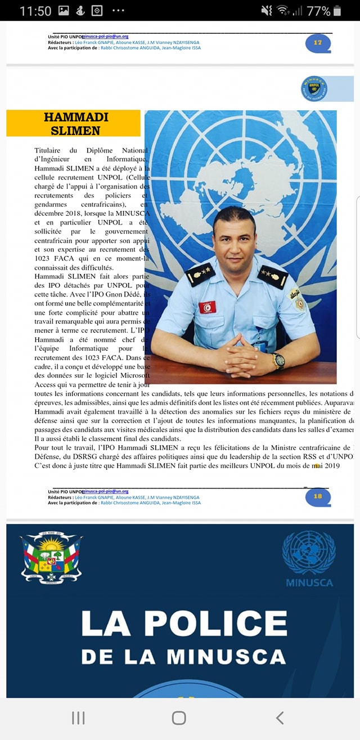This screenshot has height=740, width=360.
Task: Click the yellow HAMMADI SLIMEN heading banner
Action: pos(73,123)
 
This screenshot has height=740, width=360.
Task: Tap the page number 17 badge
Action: pos(318,43)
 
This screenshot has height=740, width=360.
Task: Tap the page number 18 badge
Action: pos(318,496)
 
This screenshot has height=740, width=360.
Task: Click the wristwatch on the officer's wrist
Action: pos(278,360)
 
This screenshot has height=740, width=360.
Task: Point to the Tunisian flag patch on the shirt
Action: pos(208,307)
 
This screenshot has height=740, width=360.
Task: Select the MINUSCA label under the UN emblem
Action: pos(309,582)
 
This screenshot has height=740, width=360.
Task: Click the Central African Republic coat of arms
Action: pos(51,557)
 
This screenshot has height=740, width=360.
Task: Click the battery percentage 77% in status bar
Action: pos(318,11)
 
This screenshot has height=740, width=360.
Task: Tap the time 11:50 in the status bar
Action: pos(35,11)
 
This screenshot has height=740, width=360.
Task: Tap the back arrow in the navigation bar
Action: pos(280,717)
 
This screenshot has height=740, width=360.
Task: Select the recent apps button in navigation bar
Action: pos(78,717)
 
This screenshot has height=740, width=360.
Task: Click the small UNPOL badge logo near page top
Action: pos(313,88)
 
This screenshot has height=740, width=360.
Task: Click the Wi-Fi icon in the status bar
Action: pos(283,11)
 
